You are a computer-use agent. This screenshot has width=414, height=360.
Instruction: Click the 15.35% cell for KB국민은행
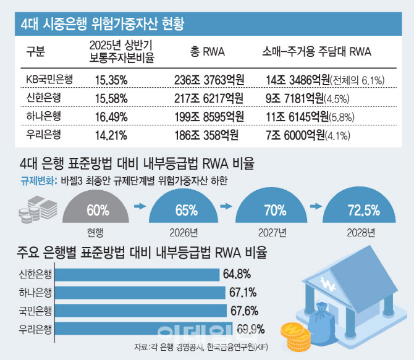[x=112, y=79]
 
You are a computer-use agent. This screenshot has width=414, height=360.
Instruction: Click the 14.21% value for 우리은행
[x=111, y=135]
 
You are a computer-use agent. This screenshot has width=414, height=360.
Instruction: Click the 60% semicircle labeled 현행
[x=96, y=209]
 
